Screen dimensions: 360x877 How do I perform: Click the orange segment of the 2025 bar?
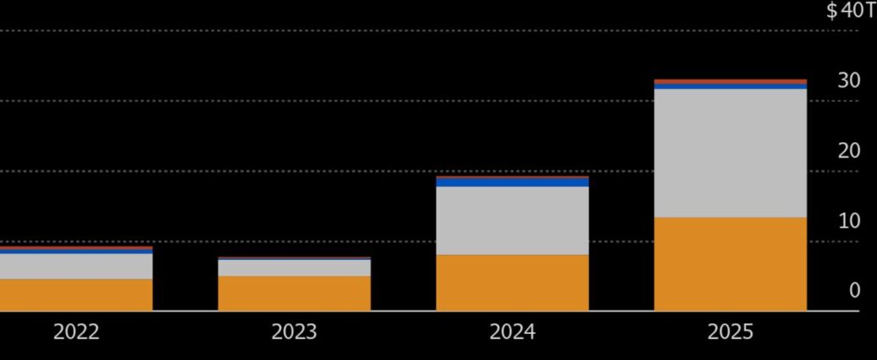[730, 263]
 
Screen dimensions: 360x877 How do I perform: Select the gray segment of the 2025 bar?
[730, 152]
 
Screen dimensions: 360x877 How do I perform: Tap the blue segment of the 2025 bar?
[730, 86]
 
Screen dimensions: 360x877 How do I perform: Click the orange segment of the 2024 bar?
[512, 282]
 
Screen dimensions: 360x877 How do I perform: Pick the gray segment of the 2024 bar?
[512, 220]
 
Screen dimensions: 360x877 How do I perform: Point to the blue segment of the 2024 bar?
[512, 181]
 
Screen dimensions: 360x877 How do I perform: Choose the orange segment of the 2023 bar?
[294, 293]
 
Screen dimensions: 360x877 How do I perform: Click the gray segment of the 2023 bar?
[294, 267]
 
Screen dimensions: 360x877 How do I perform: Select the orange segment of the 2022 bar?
[76, 295]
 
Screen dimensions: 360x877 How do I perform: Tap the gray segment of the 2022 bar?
[76, 266]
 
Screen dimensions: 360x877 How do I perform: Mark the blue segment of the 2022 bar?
[76, 251]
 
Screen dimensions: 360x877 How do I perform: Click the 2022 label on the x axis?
[76, 332]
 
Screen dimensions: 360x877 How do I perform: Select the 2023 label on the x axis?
[294, 332]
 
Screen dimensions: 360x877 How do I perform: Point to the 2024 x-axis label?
[512, 332]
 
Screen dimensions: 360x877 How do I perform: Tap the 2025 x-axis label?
[730, 332]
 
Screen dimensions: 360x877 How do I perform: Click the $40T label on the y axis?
[850, 11]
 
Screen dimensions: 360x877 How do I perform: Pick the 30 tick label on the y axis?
[848, 81]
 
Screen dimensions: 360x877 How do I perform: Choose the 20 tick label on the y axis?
[848, 152]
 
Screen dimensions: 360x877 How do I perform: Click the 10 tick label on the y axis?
[848, 221]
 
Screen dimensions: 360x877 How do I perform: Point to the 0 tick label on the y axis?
[854, 291]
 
